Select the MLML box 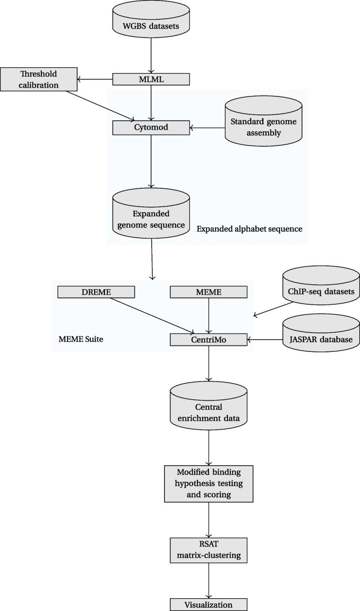click(151, 80)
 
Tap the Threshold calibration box click(38, 79)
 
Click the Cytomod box click(151, 128)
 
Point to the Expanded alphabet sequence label click(249, 229)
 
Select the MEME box click(208, 292)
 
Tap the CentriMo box click(208, 340)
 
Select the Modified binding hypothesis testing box click(208, 483)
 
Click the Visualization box click(208, 605)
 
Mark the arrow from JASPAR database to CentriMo click(265, 340)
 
